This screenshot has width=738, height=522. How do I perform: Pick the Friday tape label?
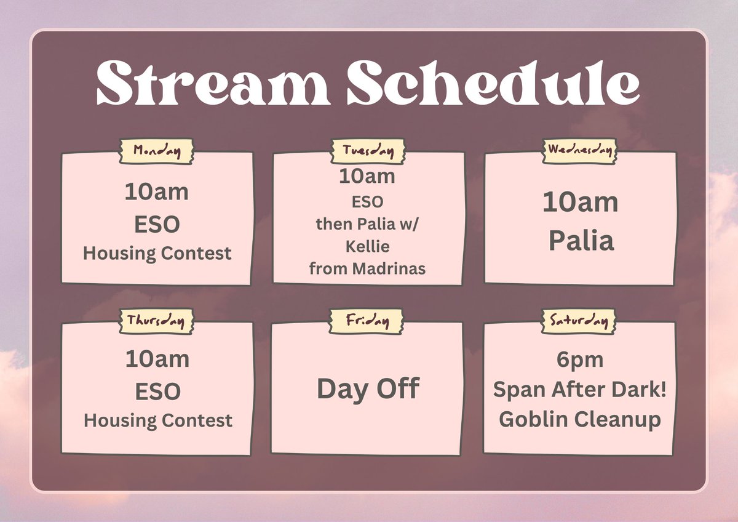[x=368, y=321]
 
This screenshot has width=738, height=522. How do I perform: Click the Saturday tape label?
[x=579, y=321]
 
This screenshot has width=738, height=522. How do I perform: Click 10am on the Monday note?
[x=157, y=193]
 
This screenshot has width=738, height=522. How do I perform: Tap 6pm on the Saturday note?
[x=579, y=359]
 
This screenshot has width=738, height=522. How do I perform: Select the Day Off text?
[x=368, y=389]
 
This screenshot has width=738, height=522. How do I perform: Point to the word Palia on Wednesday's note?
[x=581, y=241]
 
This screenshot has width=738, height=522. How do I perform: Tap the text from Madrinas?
[x=367, y=268]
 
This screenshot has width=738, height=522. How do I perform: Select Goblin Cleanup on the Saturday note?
[x=579, y=419]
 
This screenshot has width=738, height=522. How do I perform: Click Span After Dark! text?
[x=579, y=390]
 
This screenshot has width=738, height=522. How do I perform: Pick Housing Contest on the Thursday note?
[x=157, y=420]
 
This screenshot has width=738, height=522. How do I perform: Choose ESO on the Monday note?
[x=157, y=224]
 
